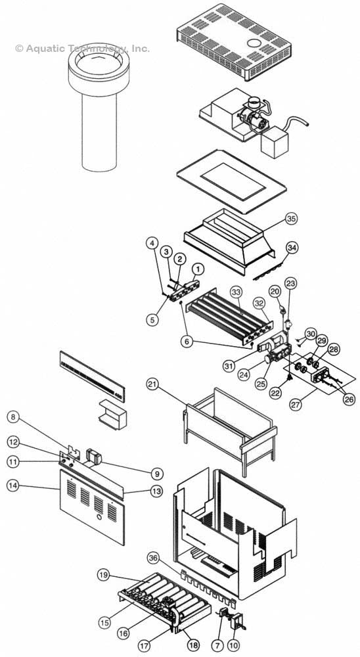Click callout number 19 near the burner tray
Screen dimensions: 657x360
coord(104,576)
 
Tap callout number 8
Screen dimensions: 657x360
coord(12,416)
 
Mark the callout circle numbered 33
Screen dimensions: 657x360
coord(236,290)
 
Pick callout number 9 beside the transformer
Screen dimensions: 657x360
coord(156,473)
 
